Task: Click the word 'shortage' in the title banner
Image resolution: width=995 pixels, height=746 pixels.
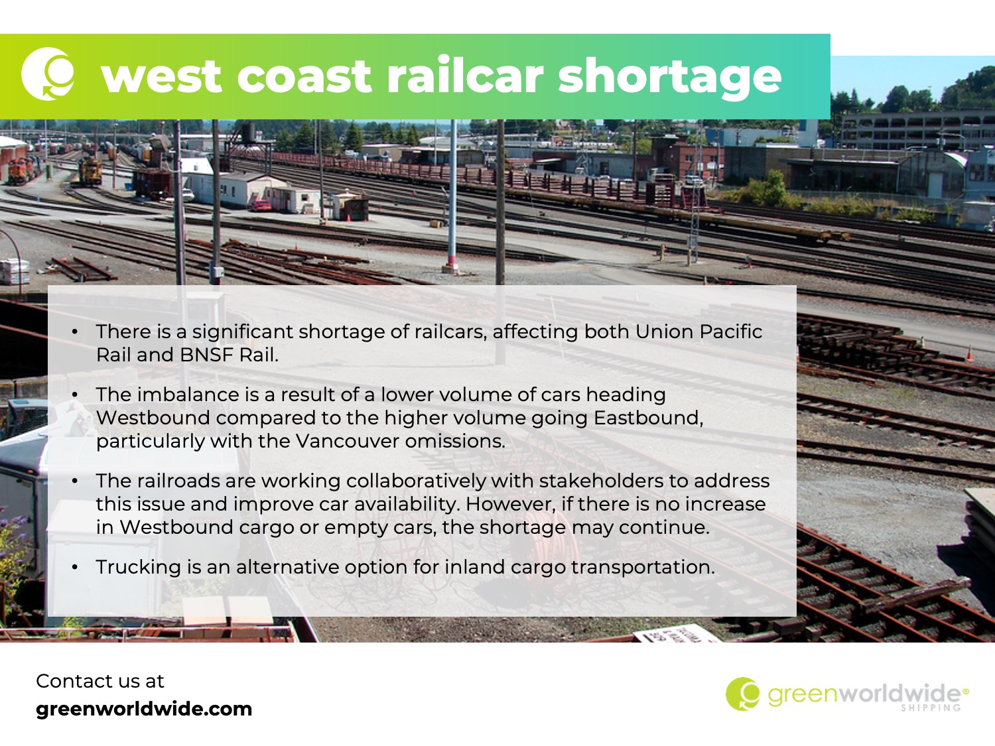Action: (669, 77)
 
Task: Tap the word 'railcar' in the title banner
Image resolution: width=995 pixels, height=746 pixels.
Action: (465, 74)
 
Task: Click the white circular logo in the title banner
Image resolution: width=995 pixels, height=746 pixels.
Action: (48, 74)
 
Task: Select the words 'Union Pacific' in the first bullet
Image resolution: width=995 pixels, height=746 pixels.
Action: (698, 332)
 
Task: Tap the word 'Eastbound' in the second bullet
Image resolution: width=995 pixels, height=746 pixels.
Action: (648, 418)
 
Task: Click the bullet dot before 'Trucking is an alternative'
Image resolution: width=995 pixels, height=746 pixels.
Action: (75, 567)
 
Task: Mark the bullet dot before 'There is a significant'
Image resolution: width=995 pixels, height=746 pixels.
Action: (75, 332)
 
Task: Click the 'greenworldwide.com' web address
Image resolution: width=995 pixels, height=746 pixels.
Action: (144, 710)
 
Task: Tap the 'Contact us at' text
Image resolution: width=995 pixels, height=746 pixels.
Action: (99, 681)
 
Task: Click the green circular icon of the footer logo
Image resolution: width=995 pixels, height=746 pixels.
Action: (742, 694)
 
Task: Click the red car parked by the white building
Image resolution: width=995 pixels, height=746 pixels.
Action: (261, 206)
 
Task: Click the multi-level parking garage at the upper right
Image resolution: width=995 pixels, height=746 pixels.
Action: (919, 131)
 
